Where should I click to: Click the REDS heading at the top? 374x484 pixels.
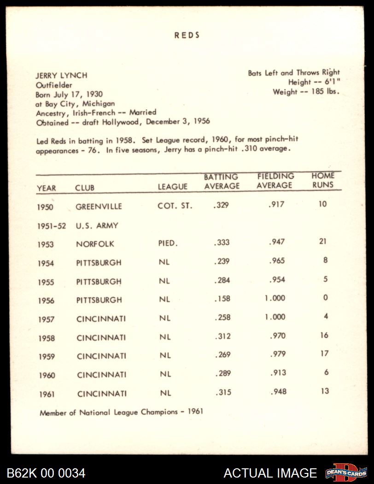[187, 35]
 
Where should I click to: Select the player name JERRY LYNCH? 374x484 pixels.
[62, 76]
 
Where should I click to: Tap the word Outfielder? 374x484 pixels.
[54, 85]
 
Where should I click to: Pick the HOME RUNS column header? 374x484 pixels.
[323, 180]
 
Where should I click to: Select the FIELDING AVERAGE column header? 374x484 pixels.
[275, 181]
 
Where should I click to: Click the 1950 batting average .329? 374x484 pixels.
[221, 206]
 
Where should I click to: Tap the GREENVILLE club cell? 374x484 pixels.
[99, 207]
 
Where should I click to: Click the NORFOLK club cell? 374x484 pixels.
[95, 244]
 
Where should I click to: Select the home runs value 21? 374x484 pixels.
[323, 242]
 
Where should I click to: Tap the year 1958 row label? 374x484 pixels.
[46, 338]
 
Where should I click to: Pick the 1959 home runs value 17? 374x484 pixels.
[324, 354]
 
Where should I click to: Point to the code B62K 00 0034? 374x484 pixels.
[46, 473]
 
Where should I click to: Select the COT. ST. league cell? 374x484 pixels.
[175, 206]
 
